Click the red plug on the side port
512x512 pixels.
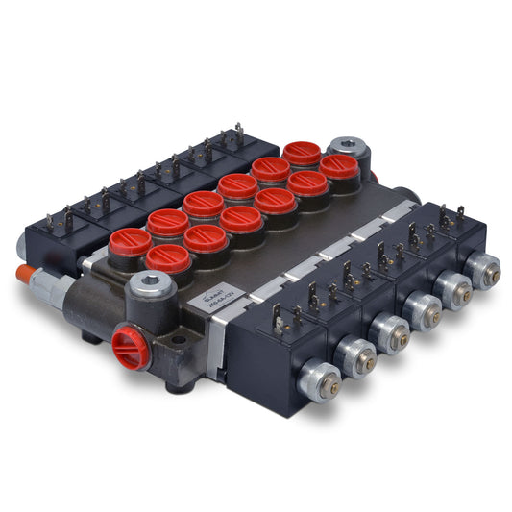pyautogui.click(x=131, y=347)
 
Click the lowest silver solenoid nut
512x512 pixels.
pyautogui.click(x=320, y=382)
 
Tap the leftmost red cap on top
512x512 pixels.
pyautogui.click(x=131, y=242)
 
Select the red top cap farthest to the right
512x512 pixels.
pyautogui.click(x=339, y=167)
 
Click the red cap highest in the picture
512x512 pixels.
pyautogui.click(x=302, y=153)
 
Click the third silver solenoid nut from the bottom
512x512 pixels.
pyautogui.click(x=391, y=332)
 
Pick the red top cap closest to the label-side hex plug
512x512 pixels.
pyautogui.click(x=168, y=257)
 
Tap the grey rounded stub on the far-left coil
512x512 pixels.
pyautogui.click(x=20, y=248)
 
